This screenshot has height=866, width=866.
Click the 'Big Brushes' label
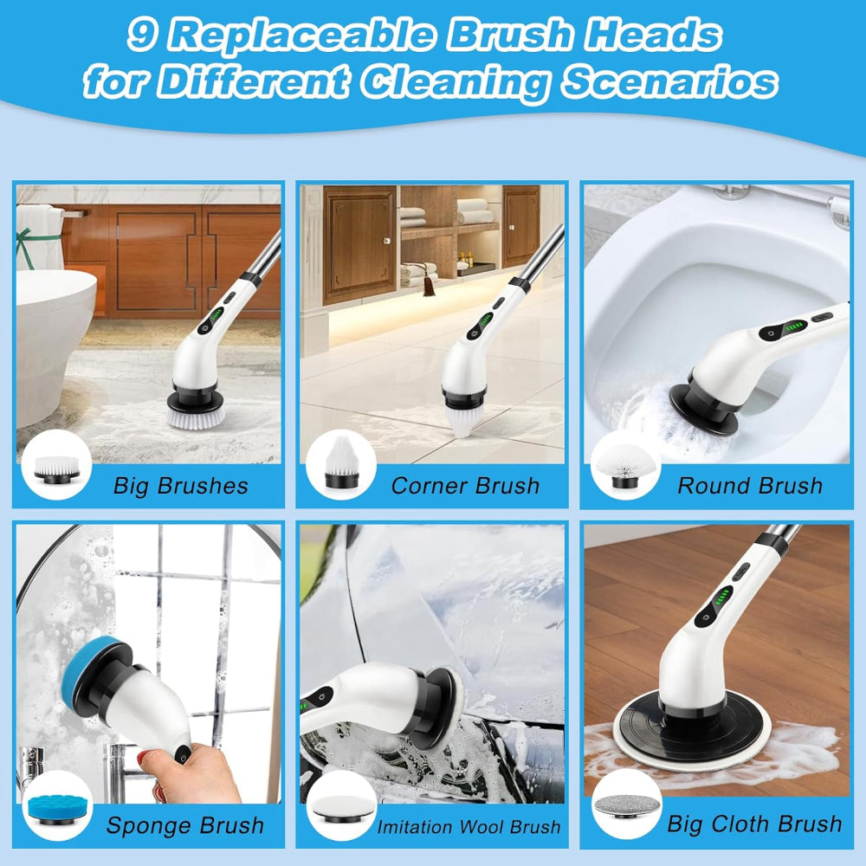point(181,486)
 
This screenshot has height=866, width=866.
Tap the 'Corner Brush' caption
point(465,486)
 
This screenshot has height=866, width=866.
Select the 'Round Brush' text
point(750,486)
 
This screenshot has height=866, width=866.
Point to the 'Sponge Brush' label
point(185,825)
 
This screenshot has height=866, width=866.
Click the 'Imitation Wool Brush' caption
point(469,827)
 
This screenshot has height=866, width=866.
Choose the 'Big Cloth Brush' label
point(754,824)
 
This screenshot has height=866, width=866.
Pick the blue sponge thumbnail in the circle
point(56,809)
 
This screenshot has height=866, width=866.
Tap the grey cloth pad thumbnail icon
point(627,806)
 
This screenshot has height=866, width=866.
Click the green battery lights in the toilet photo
point(794,326)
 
